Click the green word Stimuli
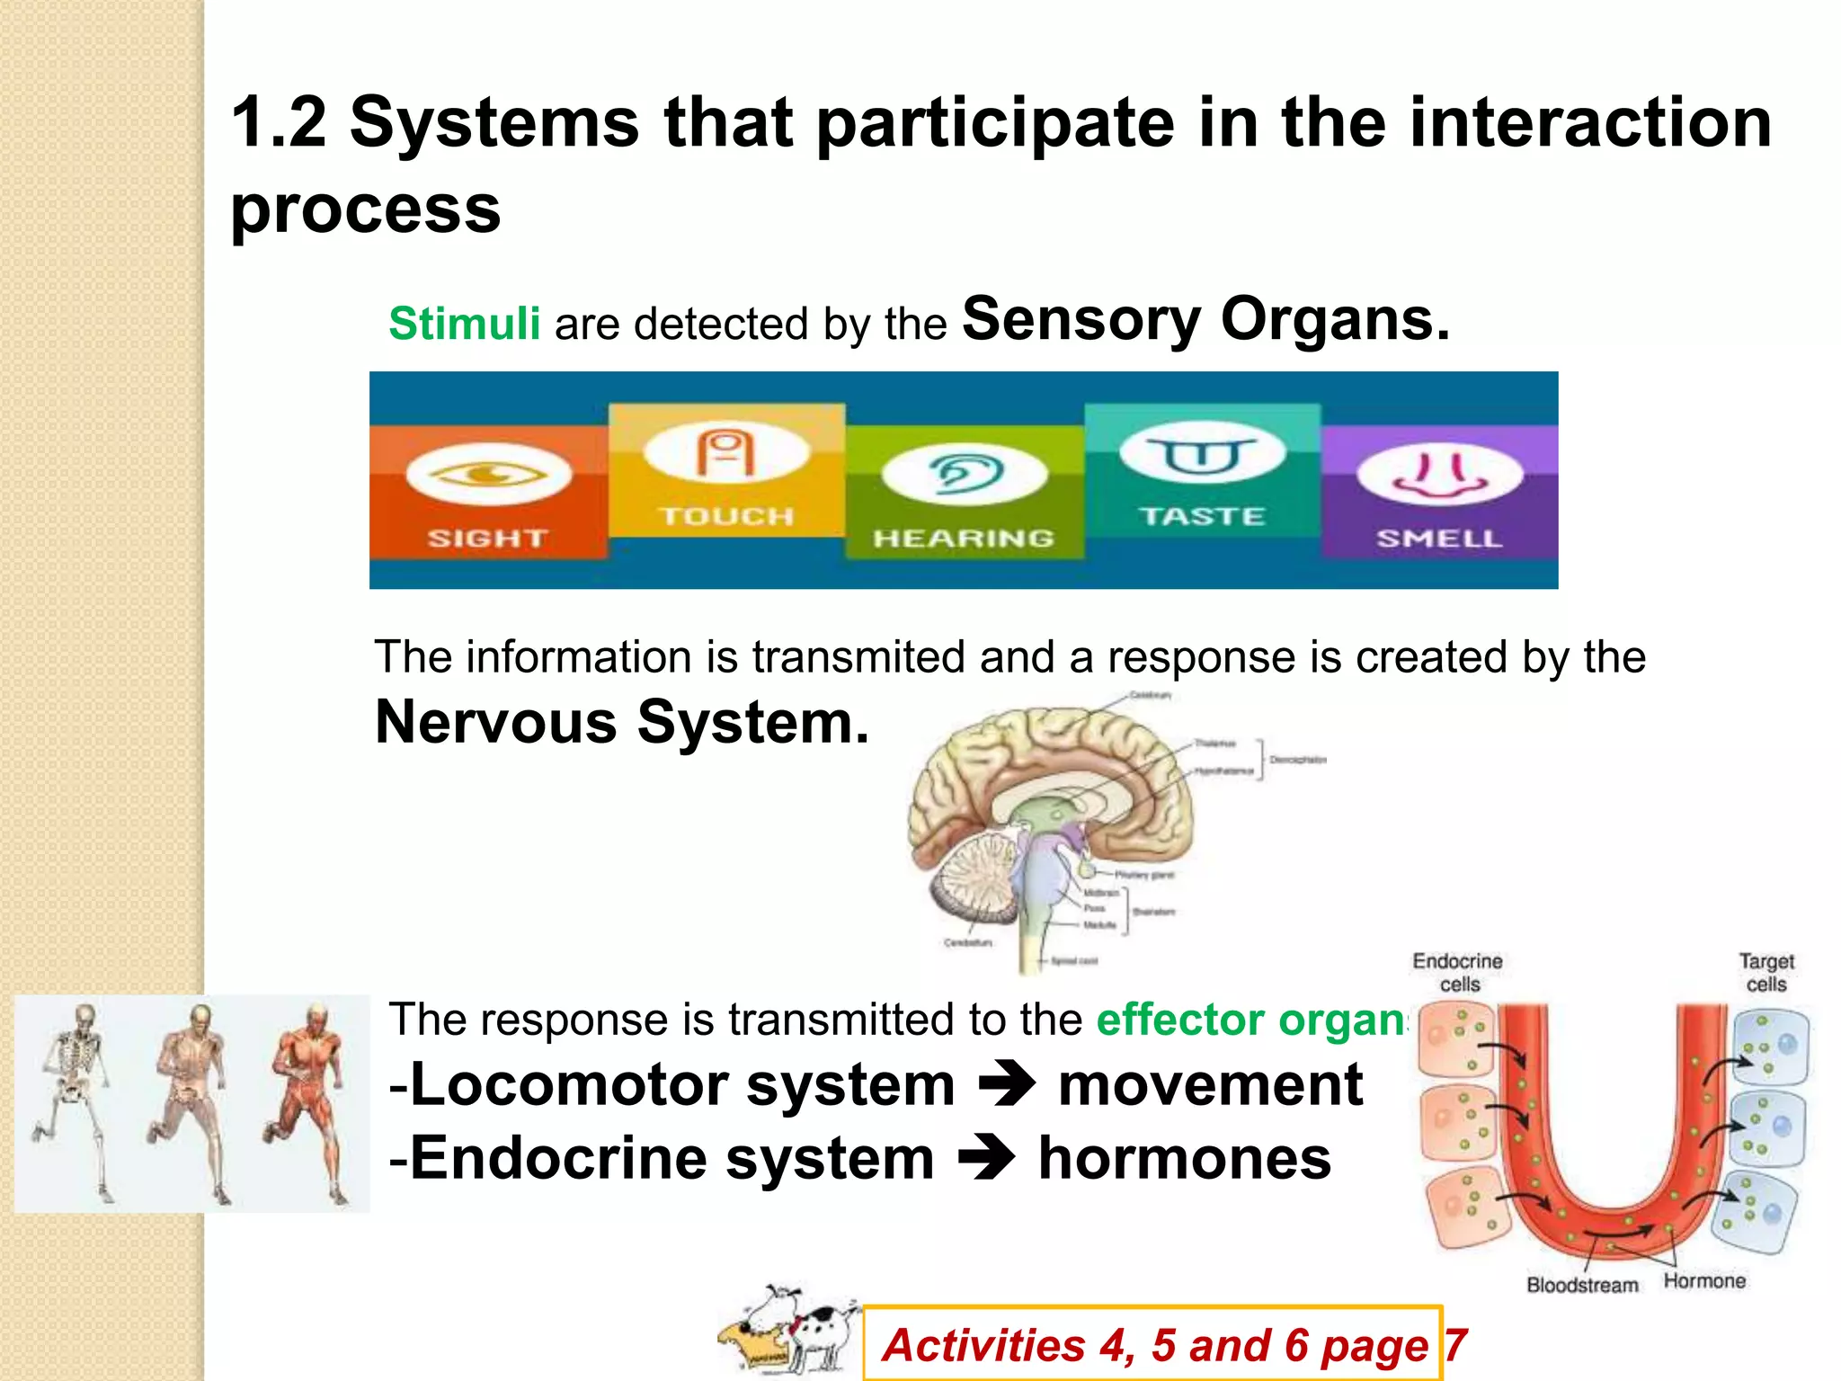[464, 324]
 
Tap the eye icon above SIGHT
[488, 473]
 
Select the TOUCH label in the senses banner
[727, 516]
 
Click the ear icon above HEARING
[965, 473]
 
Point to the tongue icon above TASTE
[1202, 454]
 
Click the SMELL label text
[1439, 539]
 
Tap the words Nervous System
[622, 722]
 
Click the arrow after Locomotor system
[1007, 1084]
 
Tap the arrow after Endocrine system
[986, 1158]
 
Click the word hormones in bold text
[1184, 1158]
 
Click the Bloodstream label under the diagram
[1582, 1285]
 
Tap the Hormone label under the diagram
[1704, 1281]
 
